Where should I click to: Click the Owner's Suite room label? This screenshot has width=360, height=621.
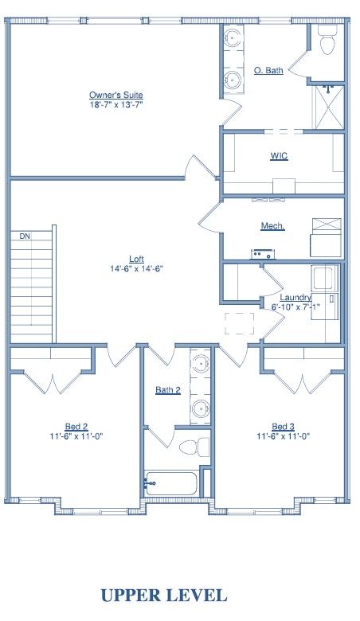coord(116,95)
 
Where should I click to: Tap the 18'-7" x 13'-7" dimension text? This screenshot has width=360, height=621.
coord(116,105)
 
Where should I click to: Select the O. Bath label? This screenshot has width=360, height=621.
coord(268,71)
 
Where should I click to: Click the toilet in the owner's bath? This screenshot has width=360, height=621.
coord(328,40)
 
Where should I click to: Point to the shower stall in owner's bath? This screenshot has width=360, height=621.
coord(329,107)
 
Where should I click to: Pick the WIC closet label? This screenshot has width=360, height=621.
coord(279,155)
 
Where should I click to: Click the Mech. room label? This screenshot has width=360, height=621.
coord(273,226)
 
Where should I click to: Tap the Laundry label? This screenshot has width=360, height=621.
coord(295,297)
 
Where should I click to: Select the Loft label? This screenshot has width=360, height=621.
coord(137,259)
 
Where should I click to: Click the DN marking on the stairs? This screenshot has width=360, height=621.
coord(25,236)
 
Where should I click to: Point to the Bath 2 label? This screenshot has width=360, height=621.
coord(168,390)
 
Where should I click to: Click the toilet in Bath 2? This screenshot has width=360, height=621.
coord(194,447)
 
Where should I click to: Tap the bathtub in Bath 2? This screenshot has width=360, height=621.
coord(170,483)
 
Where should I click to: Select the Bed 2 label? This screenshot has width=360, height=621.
coord(76,427)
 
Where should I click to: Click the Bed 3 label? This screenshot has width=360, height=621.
coord(284,427)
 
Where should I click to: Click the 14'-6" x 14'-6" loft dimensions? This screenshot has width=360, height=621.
coord(137,268)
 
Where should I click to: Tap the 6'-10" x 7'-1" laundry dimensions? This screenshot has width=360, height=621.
coord(295,307)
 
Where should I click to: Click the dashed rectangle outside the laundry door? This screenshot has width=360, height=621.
coord(240,323)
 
